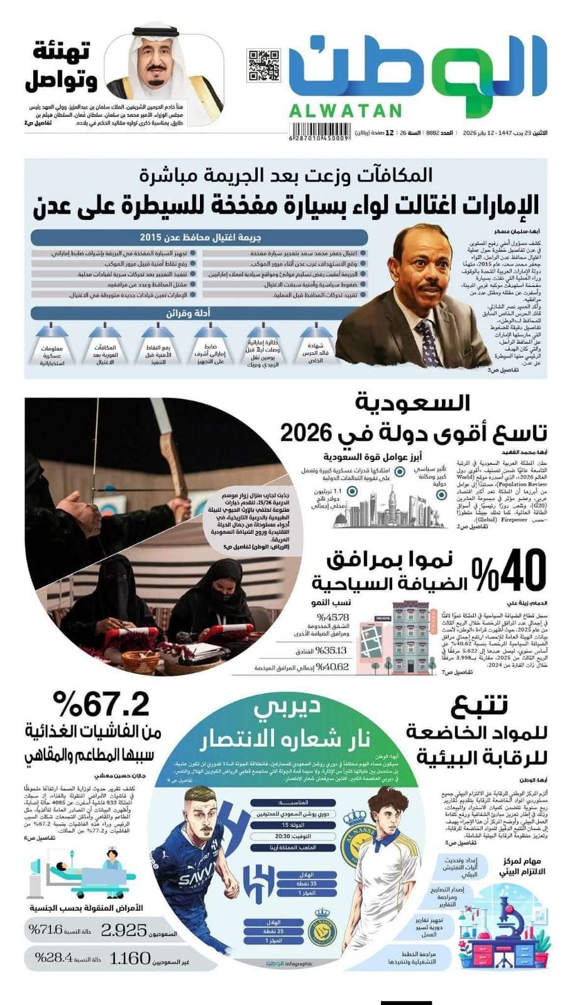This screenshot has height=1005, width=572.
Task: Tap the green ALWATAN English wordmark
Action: tap(345, 111)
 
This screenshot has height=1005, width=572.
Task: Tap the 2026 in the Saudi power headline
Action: tap(305, 433)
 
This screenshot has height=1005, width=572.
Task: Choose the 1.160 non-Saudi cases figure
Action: tap(130, 959)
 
